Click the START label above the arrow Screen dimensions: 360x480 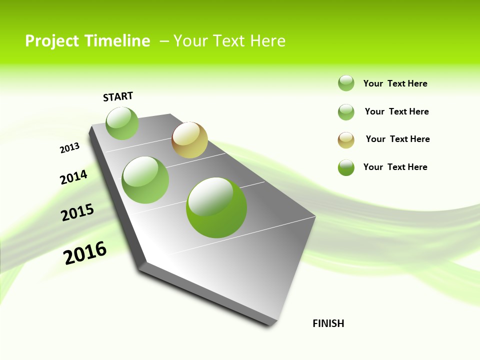[x=118, y=96]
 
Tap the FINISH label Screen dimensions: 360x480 [x=328, y=323]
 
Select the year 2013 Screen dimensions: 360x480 [x=69, y=148]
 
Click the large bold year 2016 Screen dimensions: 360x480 [x=85, y=252]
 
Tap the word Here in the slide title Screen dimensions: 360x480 [x=267, y=41]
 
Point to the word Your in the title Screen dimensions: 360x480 [x=190, y=41]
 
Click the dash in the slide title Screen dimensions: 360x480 [x=164, y=41]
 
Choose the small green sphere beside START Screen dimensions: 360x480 [x=122, y=123]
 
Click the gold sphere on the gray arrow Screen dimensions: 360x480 [x=189, y=140]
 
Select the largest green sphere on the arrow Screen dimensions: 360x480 [x=216, y=207]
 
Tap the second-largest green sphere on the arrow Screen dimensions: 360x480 [x=145, y=180]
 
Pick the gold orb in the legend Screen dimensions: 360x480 [x=346, y=140]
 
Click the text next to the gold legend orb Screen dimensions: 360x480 [x=397, y=139]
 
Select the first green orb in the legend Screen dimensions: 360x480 [x=346, y=83]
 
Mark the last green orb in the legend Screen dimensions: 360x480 [x=346, y=167]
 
